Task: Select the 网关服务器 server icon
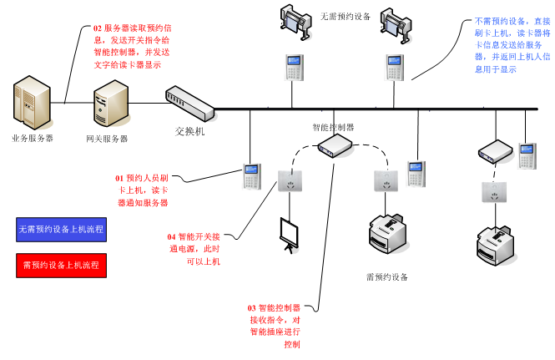[x=109, y=104]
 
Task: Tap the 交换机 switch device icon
[x=189, y=100]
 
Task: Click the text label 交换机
[x=189, y=131]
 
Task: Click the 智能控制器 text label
[x=333, y=127]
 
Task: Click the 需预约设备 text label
[x=387, y=276]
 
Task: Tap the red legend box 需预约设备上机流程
[x=61, y=266]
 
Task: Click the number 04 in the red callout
[x=172, y=237]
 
